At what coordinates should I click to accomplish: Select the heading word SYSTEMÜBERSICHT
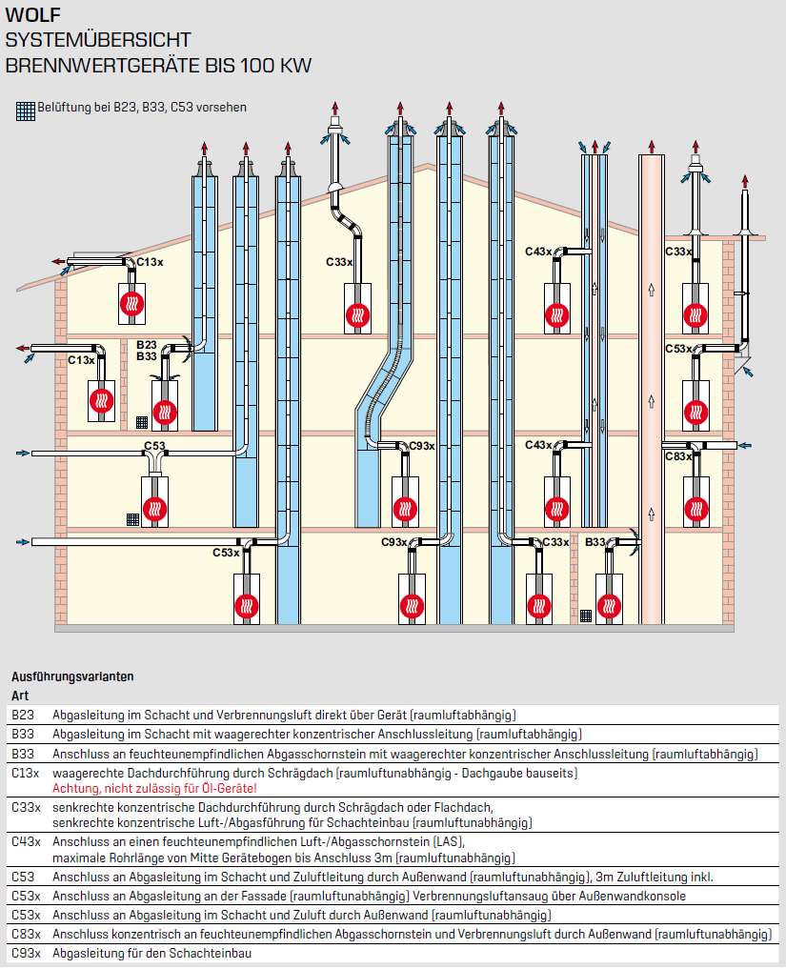click(98, 40)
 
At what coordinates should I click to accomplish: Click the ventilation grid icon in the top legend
click(26, 110)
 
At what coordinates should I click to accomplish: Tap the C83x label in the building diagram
click(678, 456)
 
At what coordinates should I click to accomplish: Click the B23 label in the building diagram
click(146, 344)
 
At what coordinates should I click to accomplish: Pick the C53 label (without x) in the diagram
click(154, 446)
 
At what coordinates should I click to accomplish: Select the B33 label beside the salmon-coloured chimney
click(595, 542)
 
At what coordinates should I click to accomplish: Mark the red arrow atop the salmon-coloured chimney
click(652, 146)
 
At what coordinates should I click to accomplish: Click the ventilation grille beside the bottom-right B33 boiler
click(585, 616)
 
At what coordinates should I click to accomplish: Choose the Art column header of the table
click(20, 696)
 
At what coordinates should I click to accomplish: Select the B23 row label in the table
click(23, 715)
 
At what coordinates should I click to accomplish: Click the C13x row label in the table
click(26, 773)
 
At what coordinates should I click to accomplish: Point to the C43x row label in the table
click(26, 841)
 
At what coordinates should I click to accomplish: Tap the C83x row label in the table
click(26, 934)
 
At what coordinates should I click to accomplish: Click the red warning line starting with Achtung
click(154, 788)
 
